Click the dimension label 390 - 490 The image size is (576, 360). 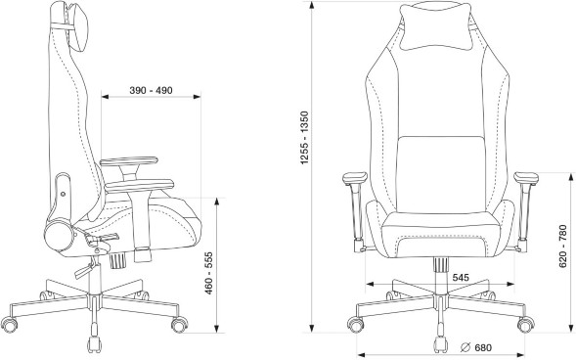pyautogui.click(x=151, y=90)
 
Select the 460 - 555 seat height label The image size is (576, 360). pyautogui.click(x=208, y=273)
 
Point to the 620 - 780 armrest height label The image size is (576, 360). pyautogui.click(x=562, y=247)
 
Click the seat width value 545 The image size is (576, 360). pyautogui.click(x=461, y=278)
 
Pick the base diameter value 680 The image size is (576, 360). pyautogui.click(x=483, y=347)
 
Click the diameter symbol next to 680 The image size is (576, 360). pyautogui.click(x=465, y=347)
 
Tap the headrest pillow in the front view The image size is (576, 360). pyautogui.click(x=436, y=26)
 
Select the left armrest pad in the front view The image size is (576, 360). pyautogui.click(x=355, y=178)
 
